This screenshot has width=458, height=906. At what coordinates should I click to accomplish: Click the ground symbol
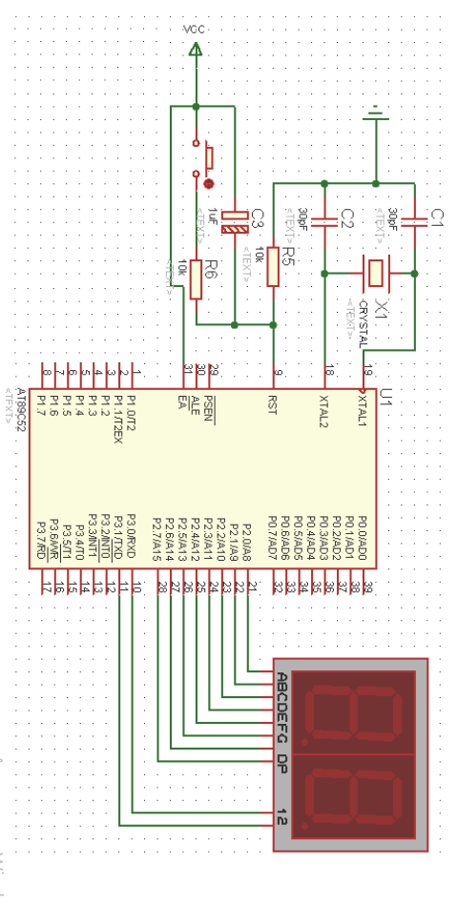point(376,114)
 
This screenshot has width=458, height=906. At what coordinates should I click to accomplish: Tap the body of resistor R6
point(196,278)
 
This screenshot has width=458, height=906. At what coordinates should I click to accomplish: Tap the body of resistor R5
point(274,266)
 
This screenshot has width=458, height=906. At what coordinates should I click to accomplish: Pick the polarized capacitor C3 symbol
point(234,226)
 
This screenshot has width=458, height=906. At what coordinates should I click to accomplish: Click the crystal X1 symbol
point(377,274)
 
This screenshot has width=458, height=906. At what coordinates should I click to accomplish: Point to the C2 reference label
point(347,218)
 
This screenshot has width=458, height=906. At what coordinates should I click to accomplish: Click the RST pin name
point(273,409)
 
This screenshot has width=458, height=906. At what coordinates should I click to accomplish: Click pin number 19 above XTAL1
point(367,370)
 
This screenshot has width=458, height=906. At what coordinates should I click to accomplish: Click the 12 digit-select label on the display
point(281,816)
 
